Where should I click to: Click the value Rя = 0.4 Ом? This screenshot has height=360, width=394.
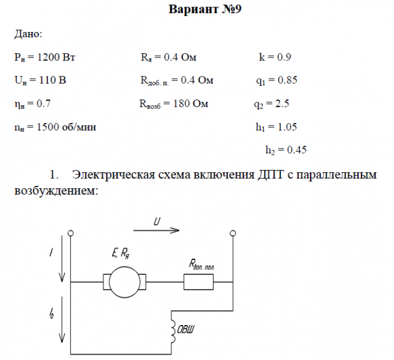(168, 57)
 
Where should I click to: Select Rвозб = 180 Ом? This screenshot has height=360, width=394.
(174, 104)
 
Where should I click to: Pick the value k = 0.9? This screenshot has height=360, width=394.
(275, 57)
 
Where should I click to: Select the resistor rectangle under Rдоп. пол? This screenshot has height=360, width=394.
(200, 282)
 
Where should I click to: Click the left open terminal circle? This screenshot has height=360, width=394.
(71, 233)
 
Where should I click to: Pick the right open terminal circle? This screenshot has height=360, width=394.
(232, 233)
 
